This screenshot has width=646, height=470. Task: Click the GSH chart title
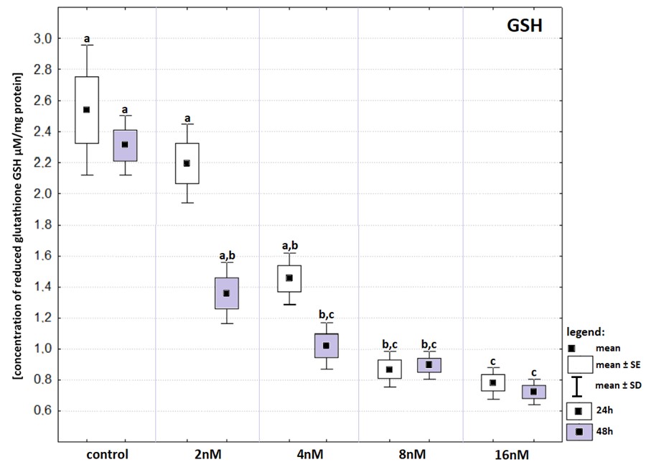click(523, 27)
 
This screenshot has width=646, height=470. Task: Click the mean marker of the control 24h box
click(86, 110)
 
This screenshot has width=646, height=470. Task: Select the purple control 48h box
click(125, 145)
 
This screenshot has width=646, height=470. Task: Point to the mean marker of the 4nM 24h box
click(290, 277)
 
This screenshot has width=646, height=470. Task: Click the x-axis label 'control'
click(106, 454)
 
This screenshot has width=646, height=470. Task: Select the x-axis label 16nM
click(513, 454)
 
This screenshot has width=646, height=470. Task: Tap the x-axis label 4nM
click(309, 454)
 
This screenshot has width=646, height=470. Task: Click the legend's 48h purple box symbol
click(579, 431)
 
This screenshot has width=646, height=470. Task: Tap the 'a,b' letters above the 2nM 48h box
click(227, 255)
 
